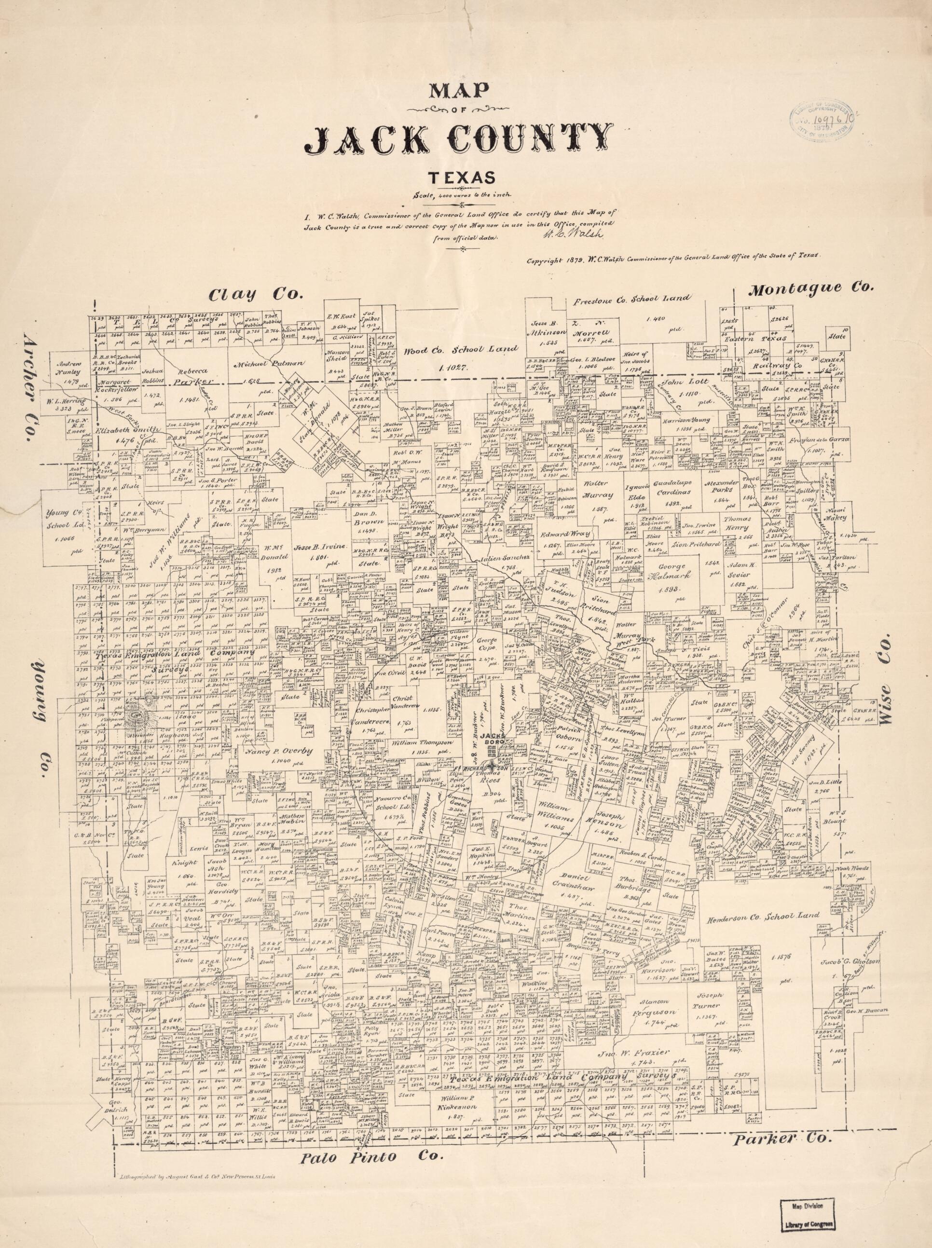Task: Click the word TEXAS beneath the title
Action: pos(462,178)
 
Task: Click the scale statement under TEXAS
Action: pos(462,196)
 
